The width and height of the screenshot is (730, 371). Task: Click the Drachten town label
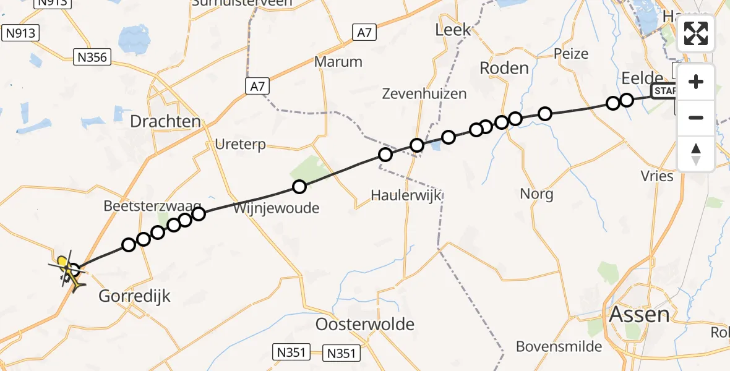coord(166,121)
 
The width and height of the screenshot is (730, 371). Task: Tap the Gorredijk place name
coord(134,297)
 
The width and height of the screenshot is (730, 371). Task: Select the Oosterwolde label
coord(365,325)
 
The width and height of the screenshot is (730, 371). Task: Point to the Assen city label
coord(639,314)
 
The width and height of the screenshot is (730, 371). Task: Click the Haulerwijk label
coord(406,195)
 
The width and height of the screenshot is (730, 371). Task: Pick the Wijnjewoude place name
coord(276,208)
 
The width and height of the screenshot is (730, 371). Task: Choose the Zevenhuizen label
coord(424,94)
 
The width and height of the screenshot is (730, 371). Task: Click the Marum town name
coord(338,62)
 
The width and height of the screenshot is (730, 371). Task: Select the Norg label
coord(536,194)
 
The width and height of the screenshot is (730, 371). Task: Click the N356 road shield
coord(92,58)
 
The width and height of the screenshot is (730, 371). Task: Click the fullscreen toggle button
coord(696,33)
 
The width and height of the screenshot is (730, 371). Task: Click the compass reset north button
coord(696,154)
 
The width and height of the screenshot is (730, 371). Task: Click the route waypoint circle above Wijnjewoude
coord(299,186)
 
